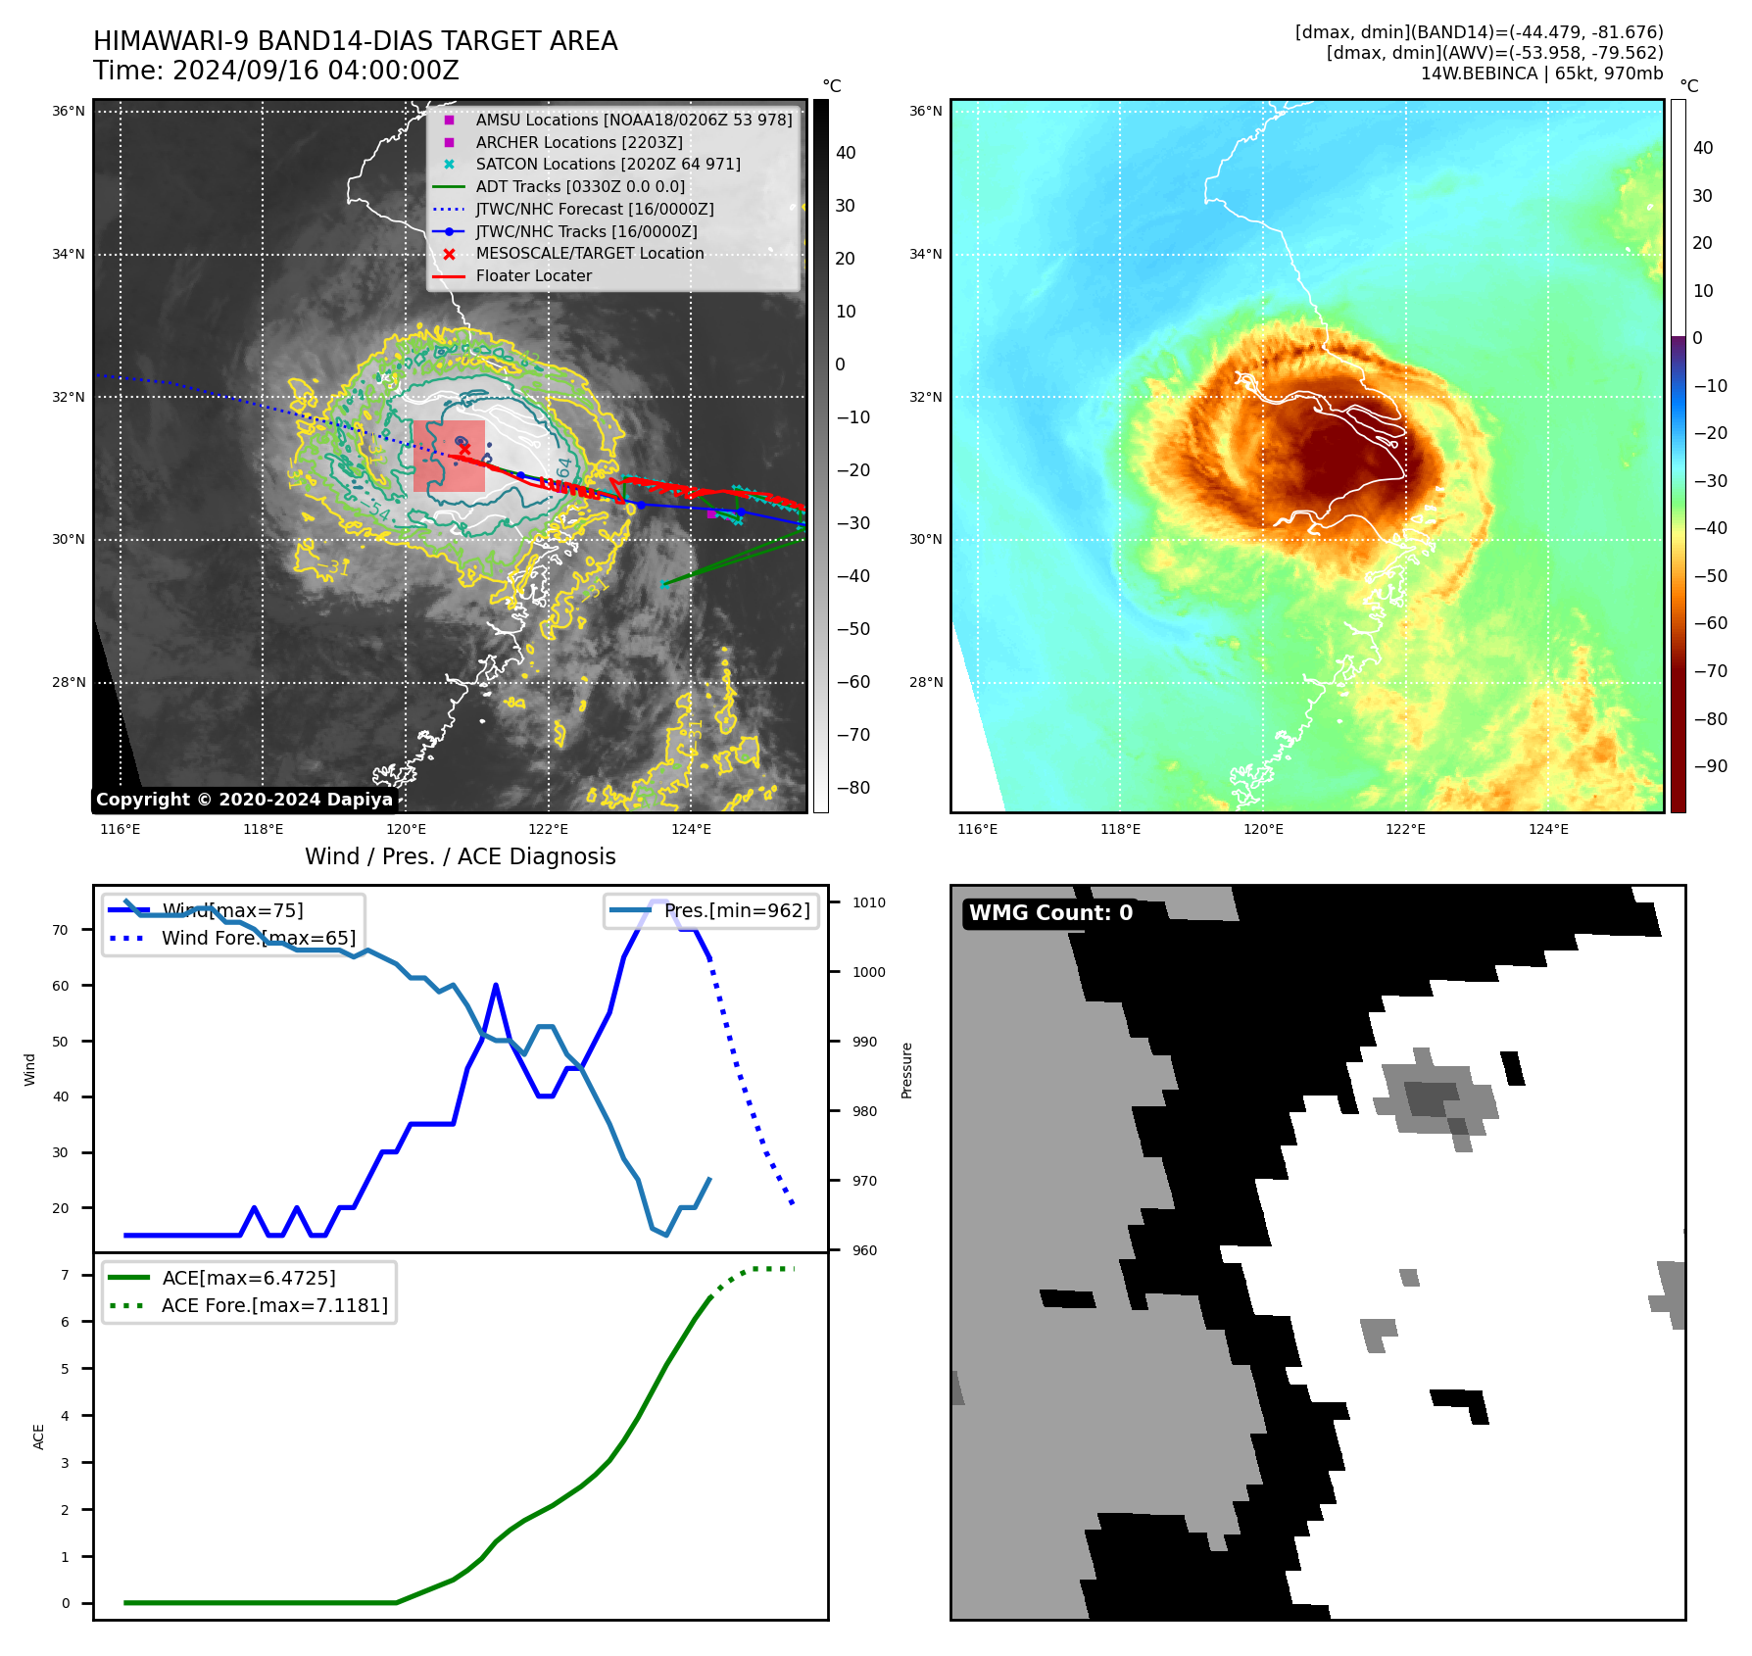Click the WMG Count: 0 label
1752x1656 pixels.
(x=1050, y=913)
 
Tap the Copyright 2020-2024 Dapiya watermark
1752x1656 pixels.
(x=244, y=800)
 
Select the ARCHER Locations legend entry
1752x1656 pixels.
(x=579, y=143)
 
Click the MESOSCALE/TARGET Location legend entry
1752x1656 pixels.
(x=589, y=254)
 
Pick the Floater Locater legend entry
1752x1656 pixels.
(x=533, y=276)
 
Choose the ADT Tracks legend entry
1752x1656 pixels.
(x=580, y=187)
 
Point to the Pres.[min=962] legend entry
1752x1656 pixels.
(x=737, y=911)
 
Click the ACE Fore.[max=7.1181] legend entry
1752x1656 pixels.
(x=274, y=1306)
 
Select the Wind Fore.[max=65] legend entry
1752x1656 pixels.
(x=259, y=939)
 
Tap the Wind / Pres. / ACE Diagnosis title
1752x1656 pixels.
(x=461, y=857)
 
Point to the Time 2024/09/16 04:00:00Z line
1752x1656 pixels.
(x=276, y=72)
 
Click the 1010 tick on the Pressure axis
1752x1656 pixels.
(x=868, y=903)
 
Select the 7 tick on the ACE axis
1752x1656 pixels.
(x=66, y=1276)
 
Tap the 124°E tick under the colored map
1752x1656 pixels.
(x=1548, y=830)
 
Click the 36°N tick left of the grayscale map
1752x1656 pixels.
(x=69, y=112)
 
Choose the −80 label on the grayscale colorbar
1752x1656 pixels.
(x=852, y=788)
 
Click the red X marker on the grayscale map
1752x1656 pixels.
(x=464, y=450)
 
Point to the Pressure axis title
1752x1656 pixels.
(x=907, y=1070)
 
